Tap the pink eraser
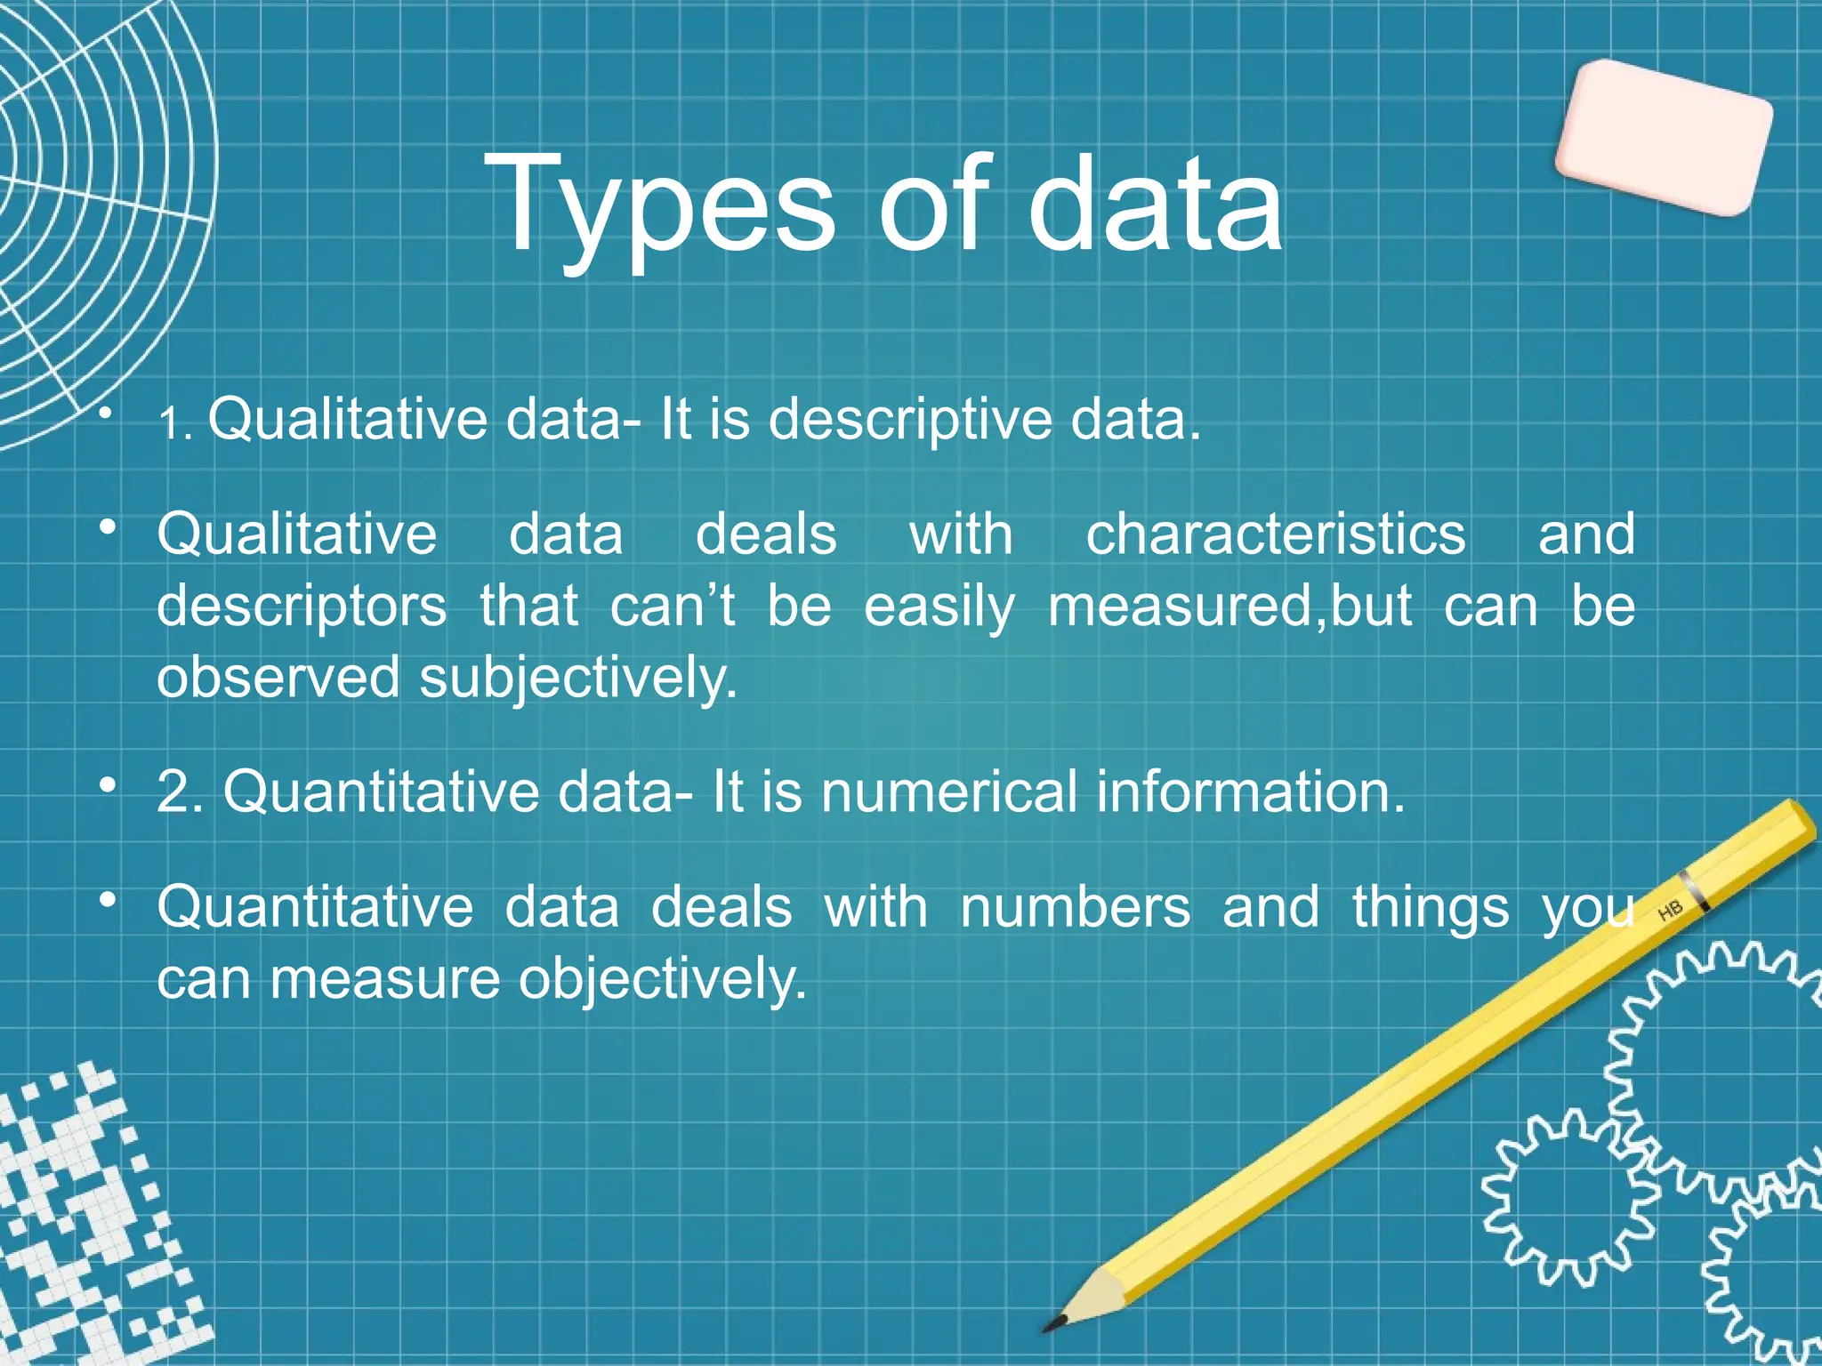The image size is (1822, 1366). (1664, 138)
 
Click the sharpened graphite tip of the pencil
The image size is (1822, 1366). (1054, 1324)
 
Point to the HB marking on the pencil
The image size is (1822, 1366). (1670, 910)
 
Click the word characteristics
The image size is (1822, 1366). (1275, 535)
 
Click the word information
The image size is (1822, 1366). (1250, 791)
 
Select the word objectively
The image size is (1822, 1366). (662, 980)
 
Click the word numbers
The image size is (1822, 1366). (1074, 908)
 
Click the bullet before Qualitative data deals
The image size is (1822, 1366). (108, 527)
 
